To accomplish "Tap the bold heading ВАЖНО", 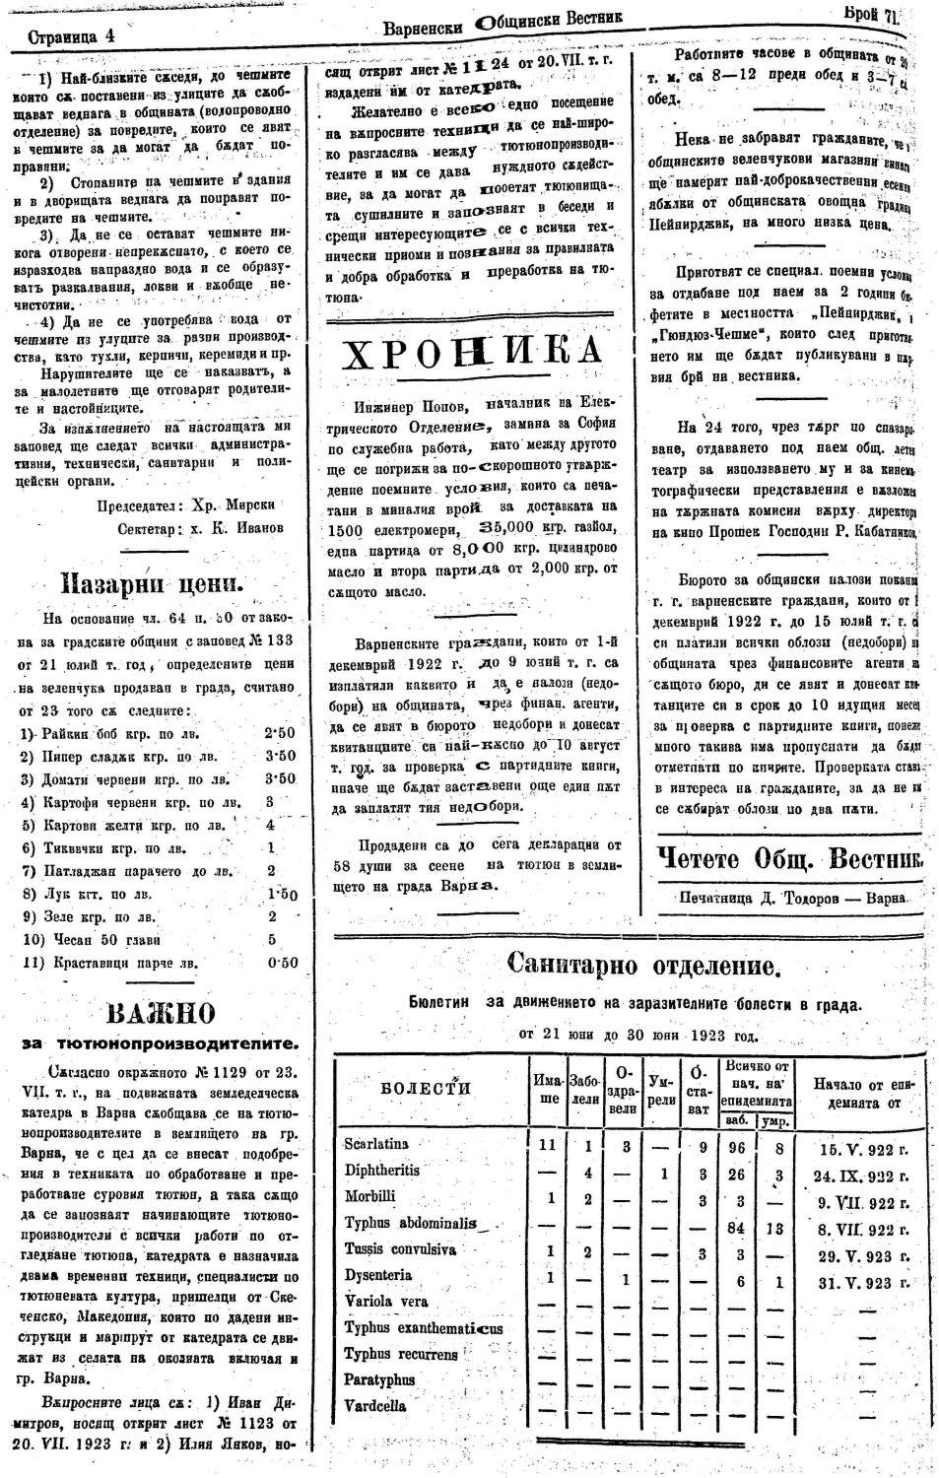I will (160, 1012).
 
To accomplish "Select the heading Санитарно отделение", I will (644, 965).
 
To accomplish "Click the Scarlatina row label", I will (376, 1144).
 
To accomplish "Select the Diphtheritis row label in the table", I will (382, 1171).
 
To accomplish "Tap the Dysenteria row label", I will (378, 1275).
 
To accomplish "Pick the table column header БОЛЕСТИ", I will (426, 1088).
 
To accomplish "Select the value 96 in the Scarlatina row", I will (735, 1147).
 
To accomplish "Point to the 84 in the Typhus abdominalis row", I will (735, 1227).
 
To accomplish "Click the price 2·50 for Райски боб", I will (280, 733).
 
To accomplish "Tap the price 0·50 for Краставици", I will (282, 962).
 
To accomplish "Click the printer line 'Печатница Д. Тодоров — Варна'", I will (791, 898).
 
